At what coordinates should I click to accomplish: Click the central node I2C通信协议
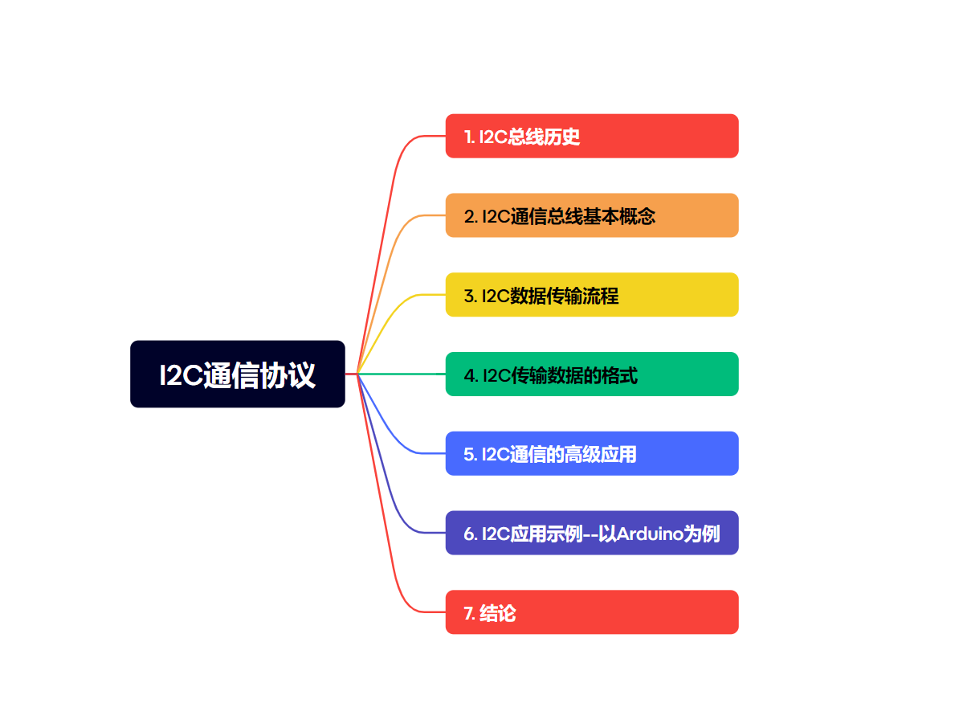[x=238, y=374]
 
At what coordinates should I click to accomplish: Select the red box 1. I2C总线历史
[x=592, y=137]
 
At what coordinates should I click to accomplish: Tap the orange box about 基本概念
[x=592, y=215]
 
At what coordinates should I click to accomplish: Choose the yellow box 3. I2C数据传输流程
[x=592, y=295]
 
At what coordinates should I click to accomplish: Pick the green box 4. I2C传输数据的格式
[x=592, y=374]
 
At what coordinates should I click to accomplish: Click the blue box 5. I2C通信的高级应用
[x=592, y=454]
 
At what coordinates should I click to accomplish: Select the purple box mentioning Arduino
[x=592, y=533]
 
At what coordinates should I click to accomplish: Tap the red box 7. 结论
[x=592, y=612]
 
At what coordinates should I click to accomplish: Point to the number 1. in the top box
[x=469, y=137]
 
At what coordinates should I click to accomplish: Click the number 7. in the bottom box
[x=470, y=614]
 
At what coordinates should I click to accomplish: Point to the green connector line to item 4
[x=402, y=374]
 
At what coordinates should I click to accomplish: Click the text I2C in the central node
[x=180, y=376]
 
